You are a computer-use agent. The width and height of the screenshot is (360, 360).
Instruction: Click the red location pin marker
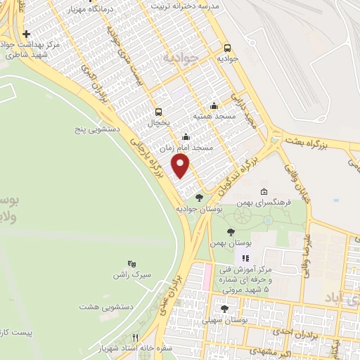tap(181, 167)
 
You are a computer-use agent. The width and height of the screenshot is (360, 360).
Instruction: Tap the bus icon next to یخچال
tap(159, 112)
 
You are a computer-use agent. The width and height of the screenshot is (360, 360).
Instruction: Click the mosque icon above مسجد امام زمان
tap(186, 137)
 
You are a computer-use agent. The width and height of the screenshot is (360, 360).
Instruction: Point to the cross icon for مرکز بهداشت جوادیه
tap(27, 34)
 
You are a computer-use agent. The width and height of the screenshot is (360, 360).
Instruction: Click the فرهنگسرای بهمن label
tap(263, 202)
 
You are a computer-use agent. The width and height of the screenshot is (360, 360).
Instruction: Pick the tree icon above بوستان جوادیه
tap(200, 198)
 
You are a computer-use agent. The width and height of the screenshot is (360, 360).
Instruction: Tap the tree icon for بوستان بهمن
tap(231, 232)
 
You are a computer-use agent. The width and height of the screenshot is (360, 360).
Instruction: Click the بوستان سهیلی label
tap(224, 320)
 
